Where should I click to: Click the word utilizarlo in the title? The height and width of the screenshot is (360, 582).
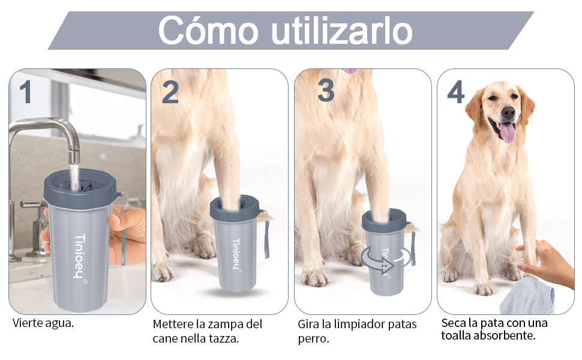(341, 31)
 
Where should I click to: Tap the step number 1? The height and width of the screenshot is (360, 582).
(26, 92)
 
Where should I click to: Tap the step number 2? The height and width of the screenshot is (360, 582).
(170, 92)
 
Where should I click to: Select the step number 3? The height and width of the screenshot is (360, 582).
(326, 91)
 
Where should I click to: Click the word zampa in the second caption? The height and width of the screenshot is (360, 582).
(229, 324)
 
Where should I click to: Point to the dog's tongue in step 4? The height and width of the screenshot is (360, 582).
(507, 131)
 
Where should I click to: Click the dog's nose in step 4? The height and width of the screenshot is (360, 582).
(508, 112)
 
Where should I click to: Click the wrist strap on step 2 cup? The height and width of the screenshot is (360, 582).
(265, 234)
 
